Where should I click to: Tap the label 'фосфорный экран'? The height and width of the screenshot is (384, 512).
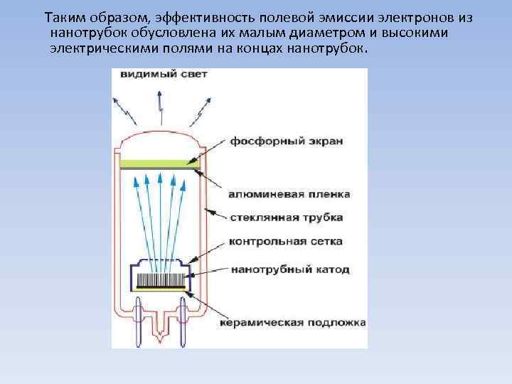[x=286, y=141]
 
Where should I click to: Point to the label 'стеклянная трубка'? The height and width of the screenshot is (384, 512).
[x=286, y=217]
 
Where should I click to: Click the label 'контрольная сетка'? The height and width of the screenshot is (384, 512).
[x=285, y=241]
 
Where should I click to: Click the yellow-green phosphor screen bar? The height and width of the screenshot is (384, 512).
[x=160, y=164]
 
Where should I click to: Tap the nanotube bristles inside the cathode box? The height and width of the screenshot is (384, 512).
[x=161, y=279]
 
